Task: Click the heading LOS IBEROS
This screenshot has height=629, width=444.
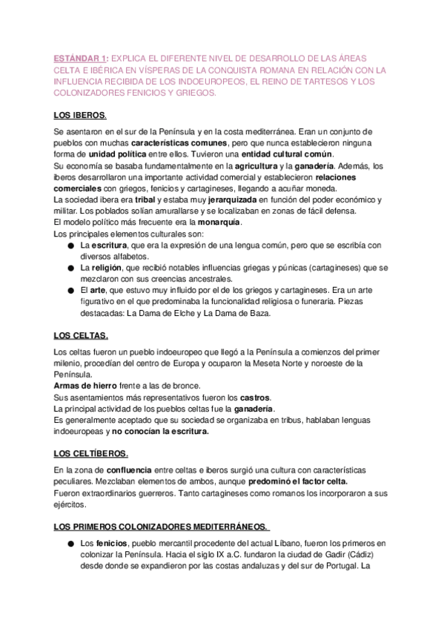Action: pos(80,116)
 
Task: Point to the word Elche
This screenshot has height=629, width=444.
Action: pos(186,314)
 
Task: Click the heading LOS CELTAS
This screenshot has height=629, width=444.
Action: pos(82,336)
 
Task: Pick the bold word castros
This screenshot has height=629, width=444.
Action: pos(255,398)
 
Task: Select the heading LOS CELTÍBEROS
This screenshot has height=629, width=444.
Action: pos(91,453)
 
